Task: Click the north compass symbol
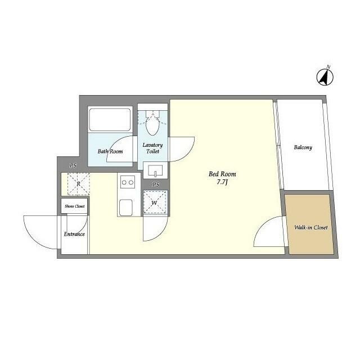tap(325, 77)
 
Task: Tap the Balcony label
tap(303, 147)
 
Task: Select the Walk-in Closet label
tap(311, 227)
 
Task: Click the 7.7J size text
tap(222, 182)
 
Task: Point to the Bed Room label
tap(222, 174)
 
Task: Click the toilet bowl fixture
tap(152, 123)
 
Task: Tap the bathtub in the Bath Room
tap(110, 120)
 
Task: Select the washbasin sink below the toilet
tap(155, 170)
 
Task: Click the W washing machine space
tap(155, 202)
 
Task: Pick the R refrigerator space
tap(78, 184)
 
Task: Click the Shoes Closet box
tap(75, 206)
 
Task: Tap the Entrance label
tap(74, 234)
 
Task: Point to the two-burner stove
tap(128, 182)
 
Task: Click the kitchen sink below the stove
tap(126, 208)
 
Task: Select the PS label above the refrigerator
tap(73, 165)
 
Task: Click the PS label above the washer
tap(156, 184)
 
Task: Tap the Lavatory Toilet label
tap(152, 148)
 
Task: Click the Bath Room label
tap(110, 151)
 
